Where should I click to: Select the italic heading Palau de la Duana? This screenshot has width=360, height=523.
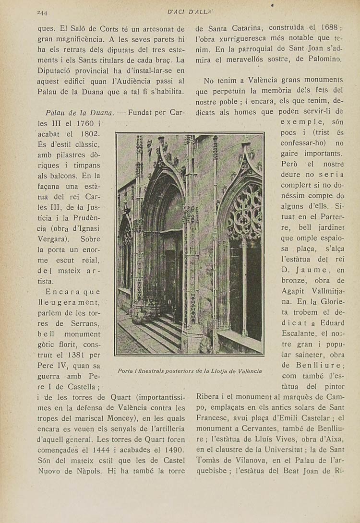(79, 113)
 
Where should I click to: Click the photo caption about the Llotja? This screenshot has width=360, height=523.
(190, 371)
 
